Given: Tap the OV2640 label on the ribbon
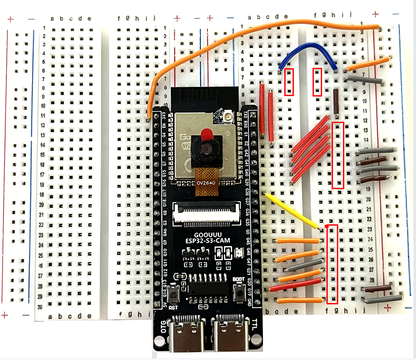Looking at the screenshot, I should tap(206, 183).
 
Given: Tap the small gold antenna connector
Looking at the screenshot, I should tap(226, 117).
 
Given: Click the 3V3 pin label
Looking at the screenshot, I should tap(164, 117).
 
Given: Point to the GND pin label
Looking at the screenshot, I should tap(249, 301).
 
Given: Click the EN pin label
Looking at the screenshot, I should tap(164, 127).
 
